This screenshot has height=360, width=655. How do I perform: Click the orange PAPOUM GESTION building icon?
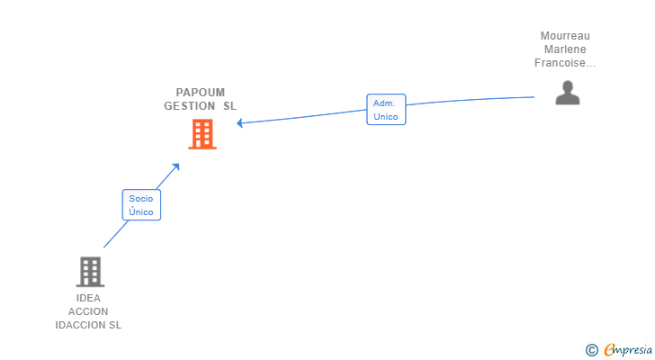click(x=202, y=134)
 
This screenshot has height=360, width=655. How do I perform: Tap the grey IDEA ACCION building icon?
click(x=89, y=271)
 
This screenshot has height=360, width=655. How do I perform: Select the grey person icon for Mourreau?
click(x=567, y=93)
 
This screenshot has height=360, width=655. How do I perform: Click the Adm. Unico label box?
click(x=386, y=110)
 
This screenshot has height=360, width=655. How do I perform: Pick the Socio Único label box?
click(x=141, y=205)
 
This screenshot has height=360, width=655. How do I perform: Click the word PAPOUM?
click(x=201, y=92)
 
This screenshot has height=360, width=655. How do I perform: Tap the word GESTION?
click(x=190, y=105)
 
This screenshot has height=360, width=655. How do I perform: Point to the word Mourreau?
click(x=565, y=36)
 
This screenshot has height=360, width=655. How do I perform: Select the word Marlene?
click(x=565, y=49)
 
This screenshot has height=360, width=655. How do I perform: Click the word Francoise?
click(x=561, y=63)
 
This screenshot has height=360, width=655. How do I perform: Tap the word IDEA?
click(x=89, y=298)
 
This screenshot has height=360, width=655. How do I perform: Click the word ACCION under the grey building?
click(x=88, y=311)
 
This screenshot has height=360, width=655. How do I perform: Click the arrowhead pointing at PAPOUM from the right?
click(x=241, y=122)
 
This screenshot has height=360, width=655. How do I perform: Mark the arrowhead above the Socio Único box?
click(x=175, y=166)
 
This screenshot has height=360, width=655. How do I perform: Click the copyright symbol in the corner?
click(x=591, y=350)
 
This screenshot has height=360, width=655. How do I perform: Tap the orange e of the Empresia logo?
click(x=609, y=350)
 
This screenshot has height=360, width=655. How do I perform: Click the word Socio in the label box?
click(x=141, y=199)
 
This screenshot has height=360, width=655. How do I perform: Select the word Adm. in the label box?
click(x=384, y=103)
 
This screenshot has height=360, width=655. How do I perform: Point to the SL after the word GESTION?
click(x=229, y=105)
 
